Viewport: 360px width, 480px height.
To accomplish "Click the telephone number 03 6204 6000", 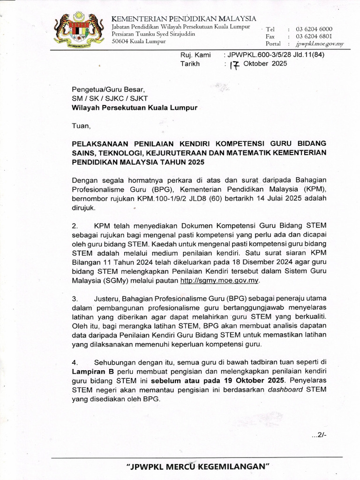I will click(x=314, y=29).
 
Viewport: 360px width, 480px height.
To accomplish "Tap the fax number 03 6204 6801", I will click(x=314, y=36).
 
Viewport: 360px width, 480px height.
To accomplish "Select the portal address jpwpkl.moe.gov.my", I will click(x=319, y=44).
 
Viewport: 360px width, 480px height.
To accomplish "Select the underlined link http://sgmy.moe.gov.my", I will click(x=219, y=280).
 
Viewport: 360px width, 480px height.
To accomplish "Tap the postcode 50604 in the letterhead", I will click(x=121, y=41).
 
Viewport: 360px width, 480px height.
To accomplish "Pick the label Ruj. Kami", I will click(x=195, y=55).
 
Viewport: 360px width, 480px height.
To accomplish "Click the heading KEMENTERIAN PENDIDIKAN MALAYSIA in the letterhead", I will click(x=184, y=18).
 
